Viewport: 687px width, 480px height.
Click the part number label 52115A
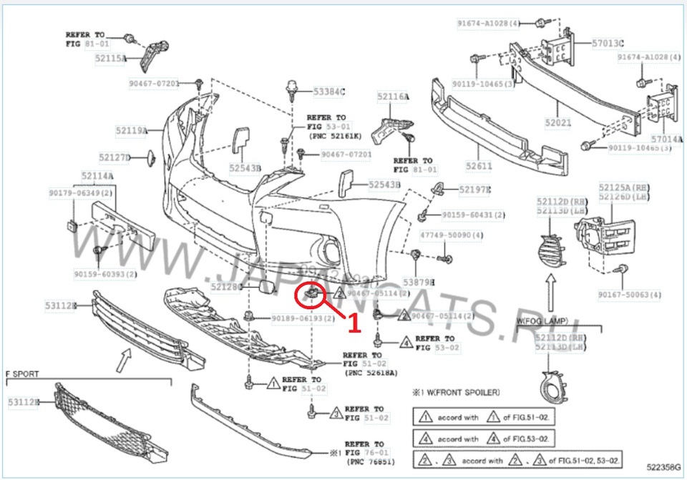(111, 58)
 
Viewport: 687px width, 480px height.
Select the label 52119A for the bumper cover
(131, 130)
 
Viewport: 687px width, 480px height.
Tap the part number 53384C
(329, 92)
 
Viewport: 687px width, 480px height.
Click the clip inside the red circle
(312, 293)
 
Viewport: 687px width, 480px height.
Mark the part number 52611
(479, 166)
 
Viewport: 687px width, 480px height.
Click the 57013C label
(608, 43)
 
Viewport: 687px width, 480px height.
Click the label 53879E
(419, 283)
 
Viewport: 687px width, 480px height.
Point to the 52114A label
(97, 175)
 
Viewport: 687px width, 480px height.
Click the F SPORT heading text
(22, 373)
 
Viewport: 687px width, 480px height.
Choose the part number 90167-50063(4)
(630, 294)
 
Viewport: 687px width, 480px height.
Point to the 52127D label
(114, 157)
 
